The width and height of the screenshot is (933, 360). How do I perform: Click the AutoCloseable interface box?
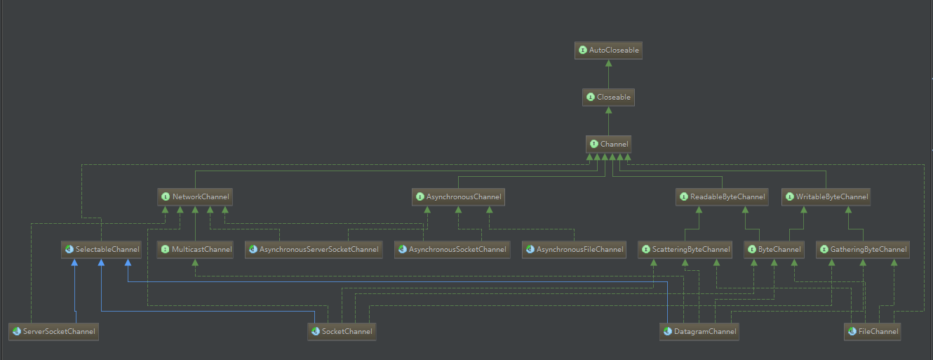click(608, 51)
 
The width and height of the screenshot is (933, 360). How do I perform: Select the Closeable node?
click(608, 98)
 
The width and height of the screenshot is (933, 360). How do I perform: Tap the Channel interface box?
click(608, 145)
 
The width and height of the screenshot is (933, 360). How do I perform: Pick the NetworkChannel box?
click(194, 197)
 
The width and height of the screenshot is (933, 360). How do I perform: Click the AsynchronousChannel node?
click(458, 197)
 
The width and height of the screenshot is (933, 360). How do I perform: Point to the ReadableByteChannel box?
click(722, 197)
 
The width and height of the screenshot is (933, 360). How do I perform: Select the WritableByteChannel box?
click(826, 197)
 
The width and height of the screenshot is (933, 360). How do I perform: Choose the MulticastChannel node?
click(194, 249)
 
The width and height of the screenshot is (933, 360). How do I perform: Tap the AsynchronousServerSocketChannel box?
click(314, 249)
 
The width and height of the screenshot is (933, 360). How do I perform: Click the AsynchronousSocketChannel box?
click(451, 249)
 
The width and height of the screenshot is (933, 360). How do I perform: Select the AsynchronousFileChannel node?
click(575, 249)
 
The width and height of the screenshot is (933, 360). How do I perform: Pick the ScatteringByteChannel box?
click(685, 249)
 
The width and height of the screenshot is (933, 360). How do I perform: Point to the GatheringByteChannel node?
click(863, 249)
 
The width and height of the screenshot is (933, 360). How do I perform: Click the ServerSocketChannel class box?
click(53, 331)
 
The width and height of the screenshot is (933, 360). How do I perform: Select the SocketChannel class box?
click(342, 331)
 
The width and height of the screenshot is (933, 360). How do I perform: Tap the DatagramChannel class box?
click(699, 331)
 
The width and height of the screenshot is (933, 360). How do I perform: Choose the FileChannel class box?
click(872, 331)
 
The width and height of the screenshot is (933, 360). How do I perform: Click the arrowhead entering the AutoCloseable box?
click(608, 64)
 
